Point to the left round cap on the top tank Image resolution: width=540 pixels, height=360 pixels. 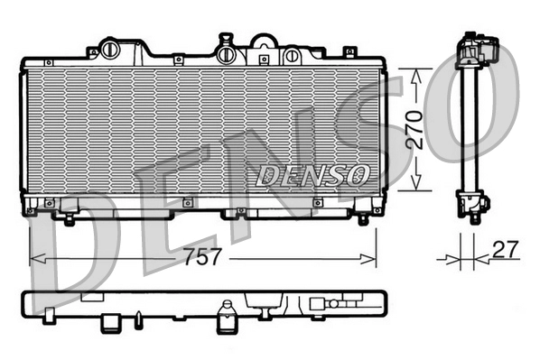[111, 48]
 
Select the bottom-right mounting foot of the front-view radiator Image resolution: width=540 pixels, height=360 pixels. [363, 217]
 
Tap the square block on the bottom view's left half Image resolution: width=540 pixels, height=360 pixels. [111, 321]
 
